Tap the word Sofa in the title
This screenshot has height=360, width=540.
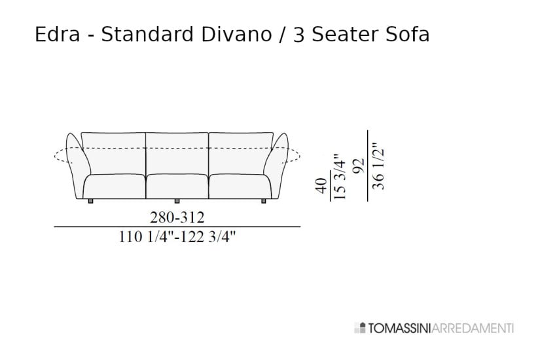click(x=406, y=35)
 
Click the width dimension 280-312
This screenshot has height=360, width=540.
click(x=177, y=217)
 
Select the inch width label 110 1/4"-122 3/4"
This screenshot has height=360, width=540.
click(x=177, y=238)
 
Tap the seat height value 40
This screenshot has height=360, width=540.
click(x=321, y=186)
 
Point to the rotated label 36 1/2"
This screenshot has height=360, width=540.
click(x=378, y=167)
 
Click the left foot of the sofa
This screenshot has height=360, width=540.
click(x=90, y=200)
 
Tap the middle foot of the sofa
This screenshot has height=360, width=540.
click(x=177, y=200)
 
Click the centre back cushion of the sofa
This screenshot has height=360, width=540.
click(x=177, y=152)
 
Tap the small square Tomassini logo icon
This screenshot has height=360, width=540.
click(x=357, y=327)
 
